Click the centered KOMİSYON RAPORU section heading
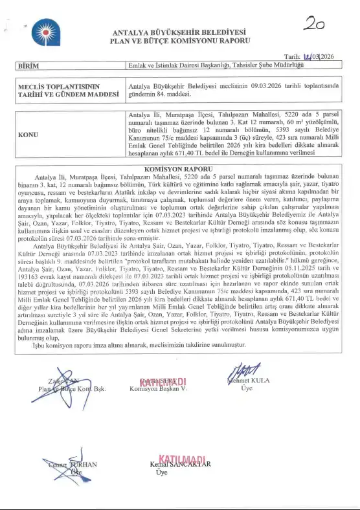pyautogui.click(x=179, y=168)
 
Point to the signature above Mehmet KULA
pyautogui.click(x=241, y=370)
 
